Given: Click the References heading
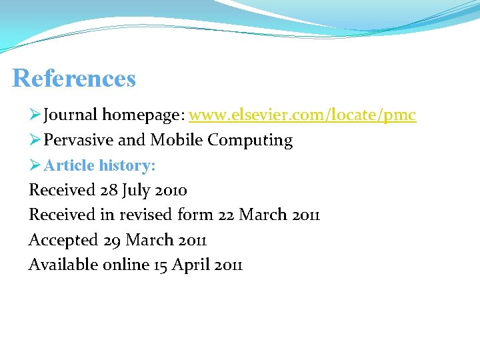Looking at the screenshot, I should click(74, 79).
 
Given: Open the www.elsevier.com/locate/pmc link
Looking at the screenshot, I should click(302, 115).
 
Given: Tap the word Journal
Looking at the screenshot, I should click(71, 115).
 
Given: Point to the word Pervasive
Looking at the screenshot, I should click(79, 140).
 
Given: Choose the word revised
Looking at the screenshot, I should click(147, 215).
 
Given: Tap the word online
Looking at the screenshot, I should click(126, 265).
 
